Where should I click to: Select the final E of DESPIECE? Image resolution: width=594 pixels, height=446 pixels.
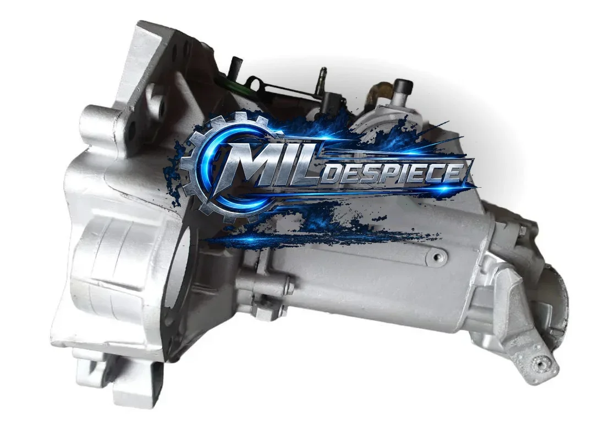pyautogui.click(x=454, y=172)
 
